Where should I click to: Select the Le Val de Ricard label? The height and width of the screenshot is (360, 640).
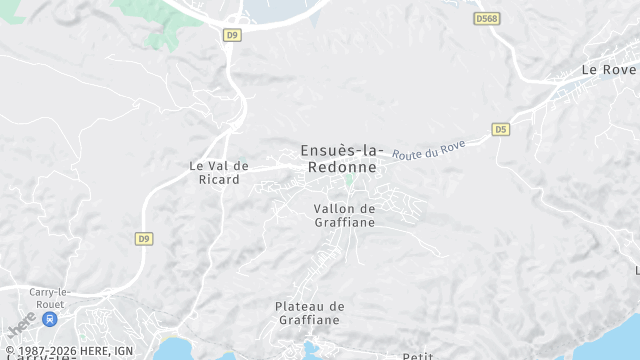pyautogui.click(x=218, y=172)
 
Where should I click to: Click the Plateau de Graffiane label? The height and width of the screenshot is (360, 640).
pyautogui.click(x=309, y=313)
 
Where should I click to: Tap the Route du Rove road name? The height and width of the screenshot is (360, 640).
pyautogui.click(x=428, y=150)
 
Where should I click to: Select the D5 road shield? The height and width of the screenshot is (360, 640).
pyautogui.click(x=500, y=129)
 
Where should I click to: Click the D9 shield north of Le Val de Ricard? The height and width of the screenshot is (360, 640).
pyautogui.click(x=232, y=34)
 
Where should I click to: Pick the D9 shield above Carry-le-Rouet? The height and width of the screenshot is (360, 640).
pyautogui.click(x=144, y=238)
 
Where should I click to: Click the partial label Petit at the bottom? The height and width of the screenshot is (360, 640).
pyautogui.click(x=417, y=356)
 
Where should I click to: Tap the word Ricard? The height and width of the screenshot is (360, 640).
pyautogui.click(x=218, y=180)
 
